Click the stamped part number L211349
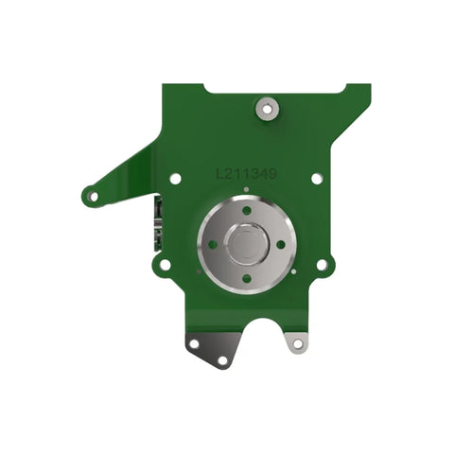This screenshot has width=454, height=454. tap(246, 174)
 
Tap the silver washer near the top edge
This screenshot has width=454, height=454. tap(267, 110)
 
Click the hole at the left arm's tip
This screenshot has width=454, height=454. tap(94, 197)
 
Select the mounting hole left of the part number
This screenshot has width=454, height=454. tap(175, 178)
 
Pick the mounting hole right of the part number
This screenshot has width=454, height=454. tap(317, 178)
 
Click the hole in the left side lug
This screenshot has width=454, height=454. tap(165, 264)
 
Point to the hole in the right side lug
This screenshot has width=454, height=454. tap(322, 265)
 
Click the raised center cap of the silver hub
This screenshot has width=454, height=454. tap(247, 245)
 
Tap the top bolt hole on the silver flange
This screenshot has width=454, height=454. tap(247, 210)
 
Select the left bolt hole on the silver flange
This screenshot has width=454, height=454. tap(213, 244)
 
